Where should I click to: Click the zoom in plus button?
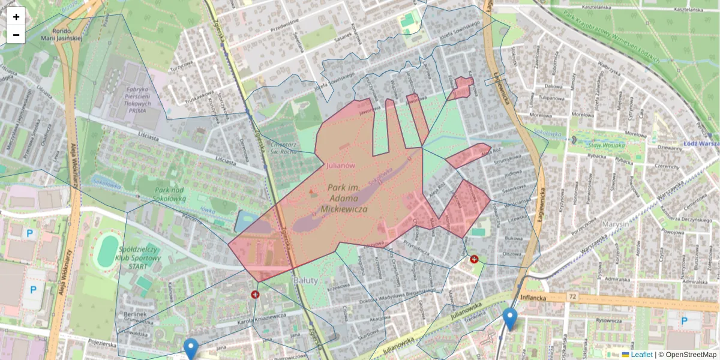point(16,17)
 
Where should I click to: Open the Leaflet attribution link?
point(641,355)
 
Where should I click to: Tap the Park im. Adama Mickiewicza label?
point(344,199)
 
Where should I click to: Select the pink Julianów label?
point(341,166)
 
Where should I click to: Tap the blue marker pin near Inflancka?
point(510,318)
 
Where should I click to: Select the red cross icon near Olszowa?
point(474,259)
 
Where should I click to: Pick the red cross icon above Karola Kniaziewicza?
point(254,295)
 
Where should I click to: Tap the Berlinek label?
point(134,314)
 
